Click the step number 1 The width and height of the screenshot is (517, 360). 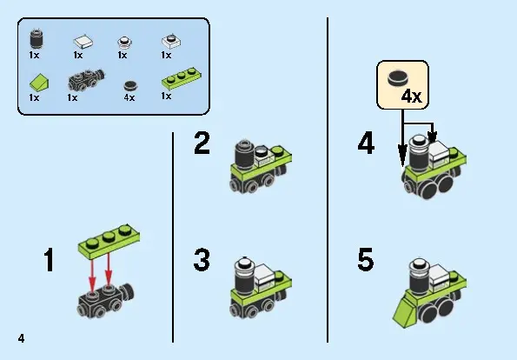click(50, 260)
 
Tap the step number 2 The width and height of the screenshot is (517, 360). click(202, 143)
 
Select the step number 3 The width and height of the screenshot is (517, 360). click(202, 260)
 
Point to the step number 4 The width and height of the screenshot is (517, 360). click(366, 143)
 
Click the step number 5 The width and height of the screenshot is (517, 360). click(366, 259)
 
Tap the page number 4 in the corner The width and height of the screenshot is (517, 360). click(22, 338)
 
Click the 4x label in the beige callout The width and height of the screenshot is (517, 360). click(411, 97)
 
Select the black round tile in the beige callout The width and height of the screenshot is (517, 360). click(398, 78)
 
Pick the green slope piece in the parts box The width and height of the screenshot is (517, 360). click(39, 82)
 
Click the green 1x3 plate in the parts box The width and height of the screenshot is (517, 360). click(182, 78)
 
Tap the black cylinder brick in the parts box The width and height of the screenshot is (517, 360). click(36, 39)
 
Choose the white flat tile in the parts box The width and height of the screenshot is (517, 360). click(83, 42)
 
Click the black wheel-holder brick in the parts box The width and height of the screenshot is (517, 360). click(86, 80)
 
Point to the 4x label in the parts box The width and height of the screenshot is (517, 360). click(129, 97)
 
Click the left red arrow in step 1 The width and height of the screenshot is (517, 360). click(92, 275)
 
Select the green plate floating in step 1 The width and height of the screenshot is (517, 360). click(109, 242)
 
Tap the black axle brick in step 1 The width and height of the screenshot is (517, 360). click(105, 300)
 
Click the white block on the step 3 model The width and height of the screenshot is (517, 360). click(264, 277)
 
